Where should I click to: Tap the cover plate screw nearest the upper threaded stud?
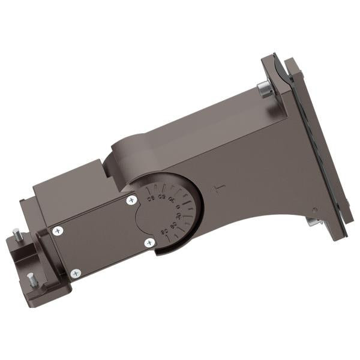pos(58,230)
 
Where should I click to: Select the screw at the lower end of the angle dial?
pos(149,242)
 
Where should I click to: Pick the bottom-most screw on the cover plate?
pos(76,274)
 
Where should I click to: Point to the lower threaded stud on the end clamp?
pos(31,278)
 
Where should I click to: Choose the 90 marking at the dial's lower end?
pos(163,232)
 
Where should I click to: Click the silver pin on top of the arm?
pos(264,90)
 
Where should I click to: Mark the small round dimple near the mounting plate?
pos(313,209)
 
